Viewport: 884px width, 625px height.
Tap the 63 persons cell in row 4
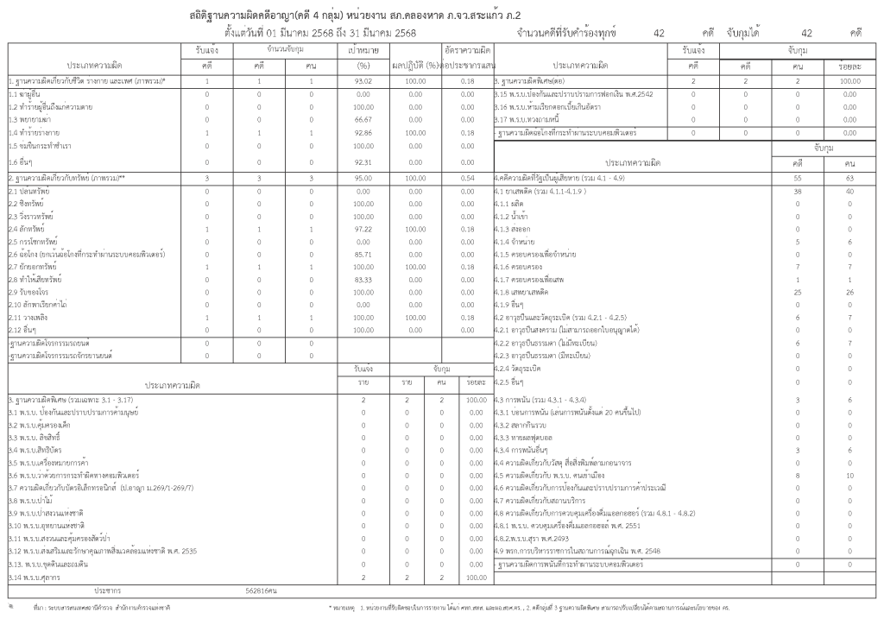[849, 176]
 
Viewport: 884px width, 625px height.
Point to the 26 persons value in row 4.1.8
[849, 292]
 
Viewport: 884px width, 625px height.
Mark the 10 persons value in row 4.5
[849, 475]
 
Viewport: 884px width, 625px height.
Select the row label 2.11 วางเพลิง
[28, 318]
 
